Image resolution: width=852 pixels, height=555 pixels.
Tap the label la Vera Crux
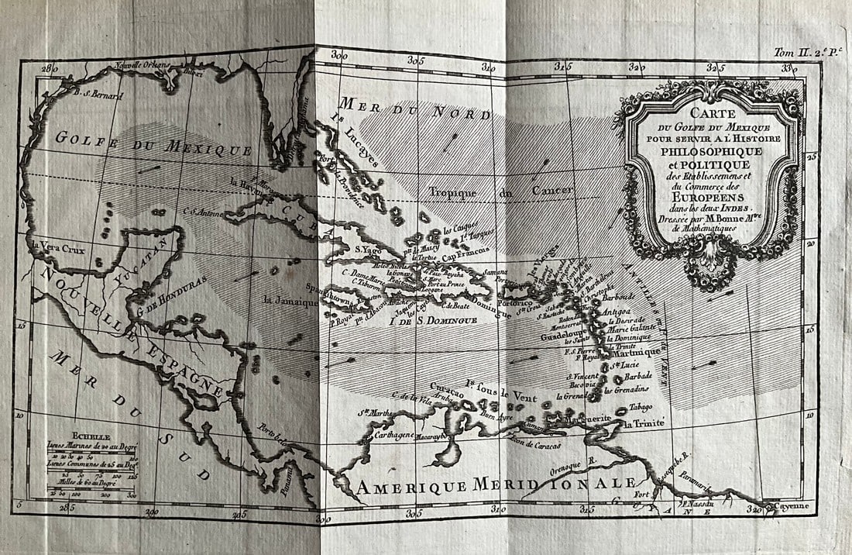pos(58,249)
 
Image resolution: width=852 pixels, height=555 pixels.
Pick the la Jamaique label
pos(290,299)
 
